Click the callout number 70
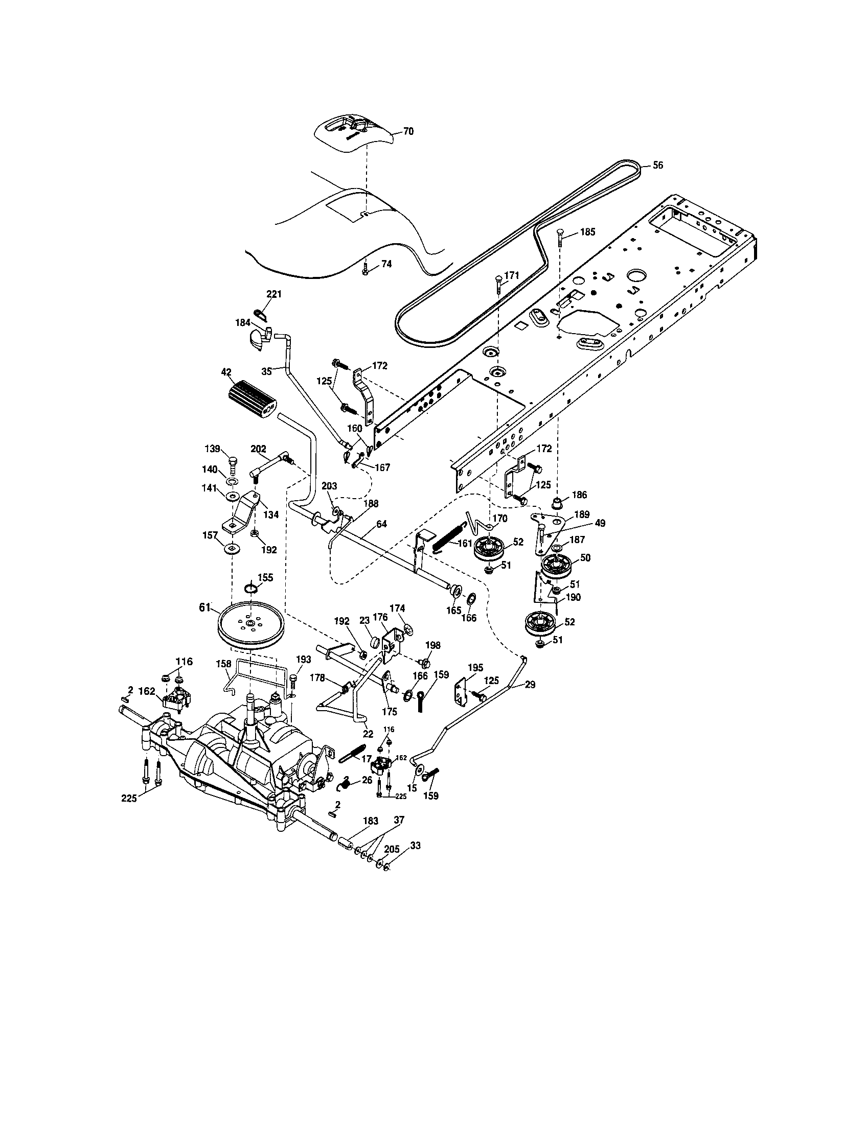(408, 131)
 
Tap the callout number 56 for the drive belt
(657, 165)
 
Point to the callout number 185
(587, 232)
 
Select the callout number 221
(274, 294)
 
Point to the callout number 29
(530, 685)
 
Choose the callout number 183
(370, 821)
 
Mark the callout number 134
(271, 514)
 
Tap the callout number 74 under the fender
(386, 264)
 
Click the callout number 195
(475, 668)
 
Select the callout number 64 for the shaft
(381, 524)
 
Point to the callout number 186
(579, 495)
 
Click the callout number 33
(415, 846)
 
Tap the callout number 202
(258, 449)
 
